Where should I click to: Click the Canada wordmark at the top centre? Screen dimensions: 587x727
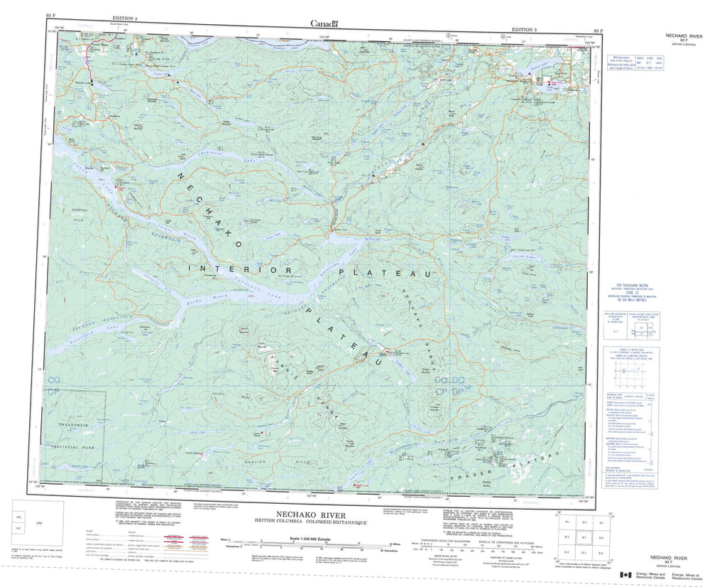click(x=324, y=23)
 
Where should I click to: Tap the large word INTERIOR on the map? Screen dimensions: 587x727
click(x=241, y=269)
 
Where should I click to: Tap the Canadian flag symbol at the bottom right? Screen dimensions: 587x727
click(x=625, y=575)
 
